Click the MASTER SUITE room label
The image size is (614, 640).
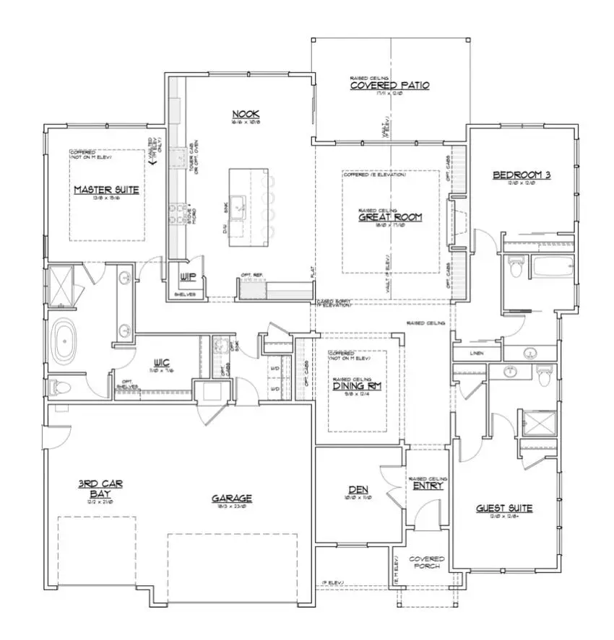[x=106, y=190]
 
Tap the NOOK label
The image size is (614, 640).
[x=246, y=113]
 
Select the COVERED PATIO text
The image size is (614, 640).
[x=389, y=85]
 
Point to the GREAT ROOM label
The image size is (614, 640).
[x=390, y=216]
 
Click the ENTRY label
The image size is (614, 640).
[x=427, y=486]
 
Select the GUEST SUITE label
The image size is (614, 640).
[x=503, y=508]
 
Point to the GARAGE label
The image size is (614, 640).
[x=231, y=498]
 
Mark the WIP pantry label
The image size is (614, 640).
[x=186, y=276]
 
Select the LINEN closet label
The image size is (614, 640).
[x=475, y=353]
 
